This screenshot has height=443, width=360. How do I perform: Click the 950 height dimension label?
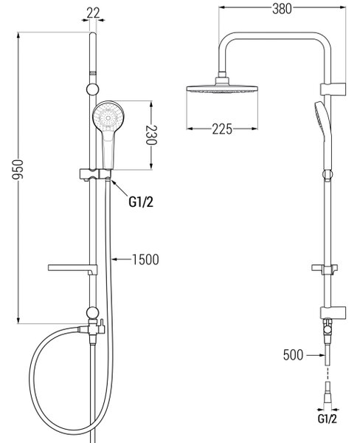(x=18, y=170)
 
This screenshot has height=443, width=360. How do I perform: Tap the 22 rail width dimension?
(x=93, y=13)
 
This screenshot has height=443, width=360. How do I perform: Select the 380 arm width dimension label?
(x=282, y=9)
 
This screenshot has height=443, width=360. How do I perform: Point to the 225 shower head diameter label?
(x=222, y=129)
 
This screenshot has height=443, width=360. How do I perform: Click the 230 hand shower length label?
(x=151, y=135)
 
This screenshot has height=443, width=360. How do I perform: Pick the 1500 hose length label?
(x=145, y=259)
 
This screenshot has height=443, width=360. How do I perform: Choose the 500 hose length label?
(x=293, y=355)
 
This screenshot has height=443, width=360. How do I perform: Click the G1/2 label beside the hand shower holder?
(x=141, y=202)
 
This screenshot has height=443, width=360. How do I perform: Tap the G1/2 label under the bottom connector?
(x=328, y=419)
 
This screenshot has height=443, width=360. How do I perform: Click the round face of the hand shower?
(x=108, y=116)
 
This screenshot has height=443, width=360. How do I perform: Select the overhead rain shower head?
(x=222, y=85)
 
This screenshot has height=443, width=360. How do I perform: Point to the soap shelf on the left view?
(x=72, y=269)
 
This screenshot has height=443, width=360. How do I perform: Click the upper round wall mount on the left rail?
(x=93, y=89)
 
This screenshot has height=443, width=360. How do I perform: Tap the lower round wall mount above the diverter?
(x=93, y=313)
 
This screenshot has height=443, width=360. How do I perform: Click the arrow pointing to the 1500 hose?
(x=122, y=259)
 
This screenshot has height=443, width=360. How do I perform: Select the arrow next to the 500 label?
(x=316, y=355)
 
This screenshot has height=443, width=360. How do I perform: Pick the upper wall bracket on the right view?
(x=333, y=89)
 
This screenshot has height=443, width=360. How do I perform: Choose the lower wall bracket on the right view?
(x=333, y=312)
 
